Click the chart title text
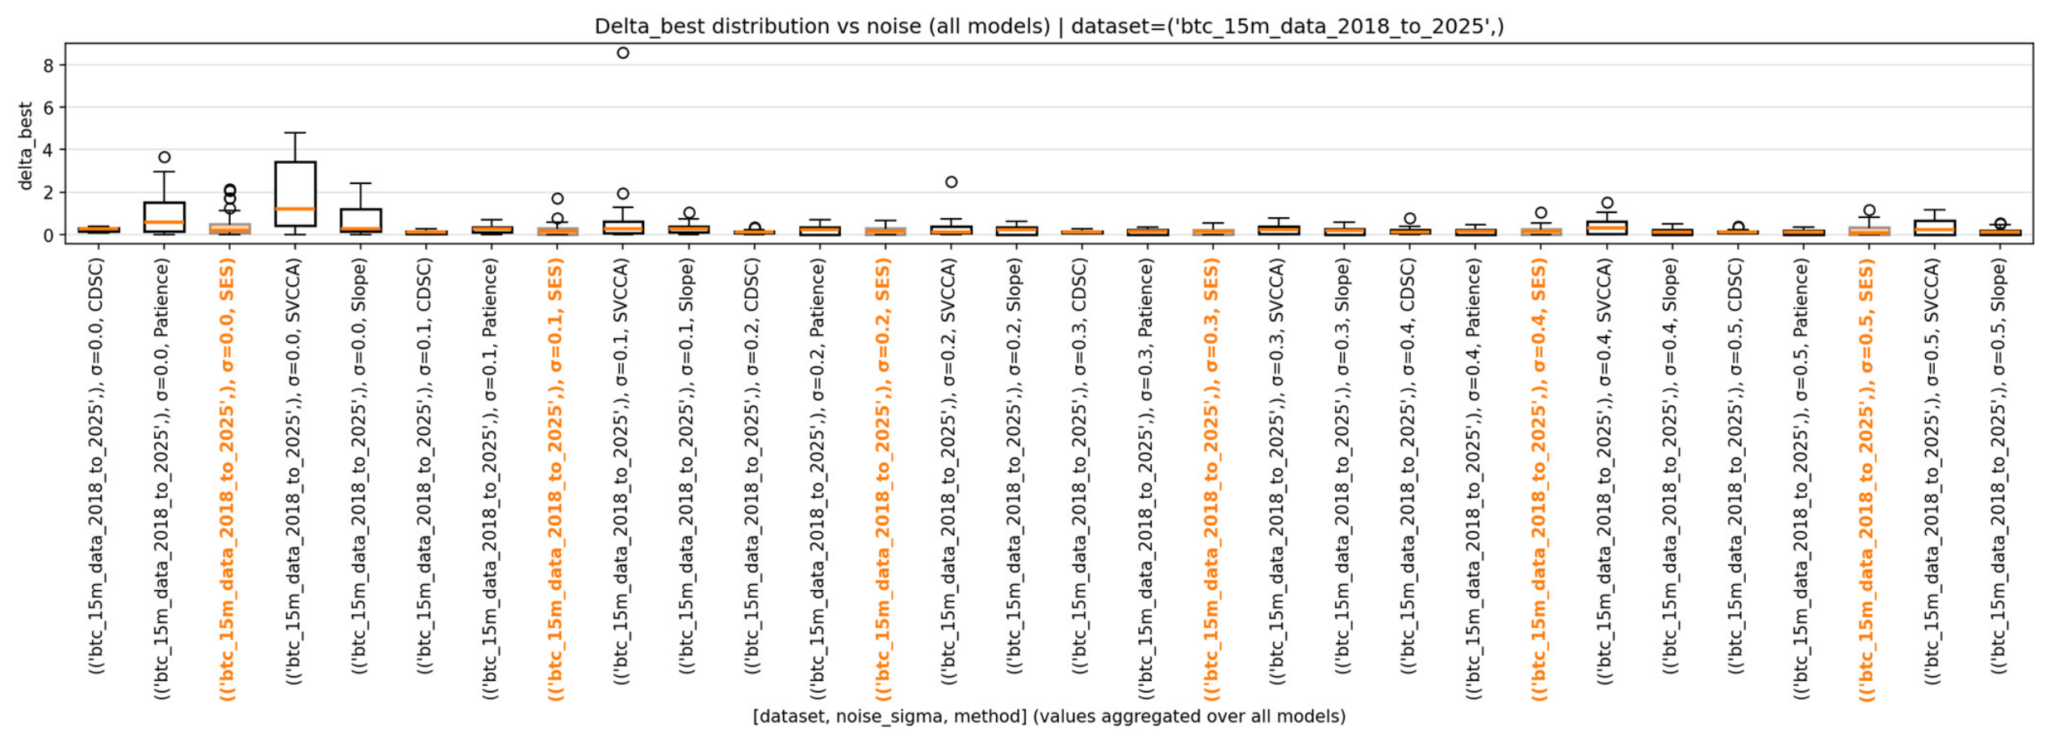click(1049, 27)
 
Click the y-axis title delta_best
click(25, 146)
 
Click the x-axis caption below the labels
click(1049, 716)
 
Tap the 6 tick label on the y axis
click(48, 107)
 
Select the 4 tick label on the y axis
click(48, 150)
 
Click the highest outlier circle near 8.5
click(623, 53)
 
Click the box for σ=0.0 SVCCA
click(295, 194)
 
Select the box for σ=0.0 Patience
click(165, 217)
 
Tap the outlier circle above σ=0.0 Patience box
click(165, 157)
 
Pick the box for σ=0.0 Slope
click(361, 221)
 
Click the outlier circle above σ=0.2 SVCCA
click(952, 182)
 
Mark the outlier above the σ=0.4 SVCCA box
click(1607, 203)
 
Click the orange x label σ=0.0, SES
click(228, 479)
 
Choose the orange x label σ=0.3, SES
click(1211, 479)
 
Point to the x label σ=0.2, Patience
click(818, 479)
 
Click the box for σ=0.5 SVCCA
click(1935, 228)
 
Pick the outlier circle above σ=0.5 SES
click(1869, 211)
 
